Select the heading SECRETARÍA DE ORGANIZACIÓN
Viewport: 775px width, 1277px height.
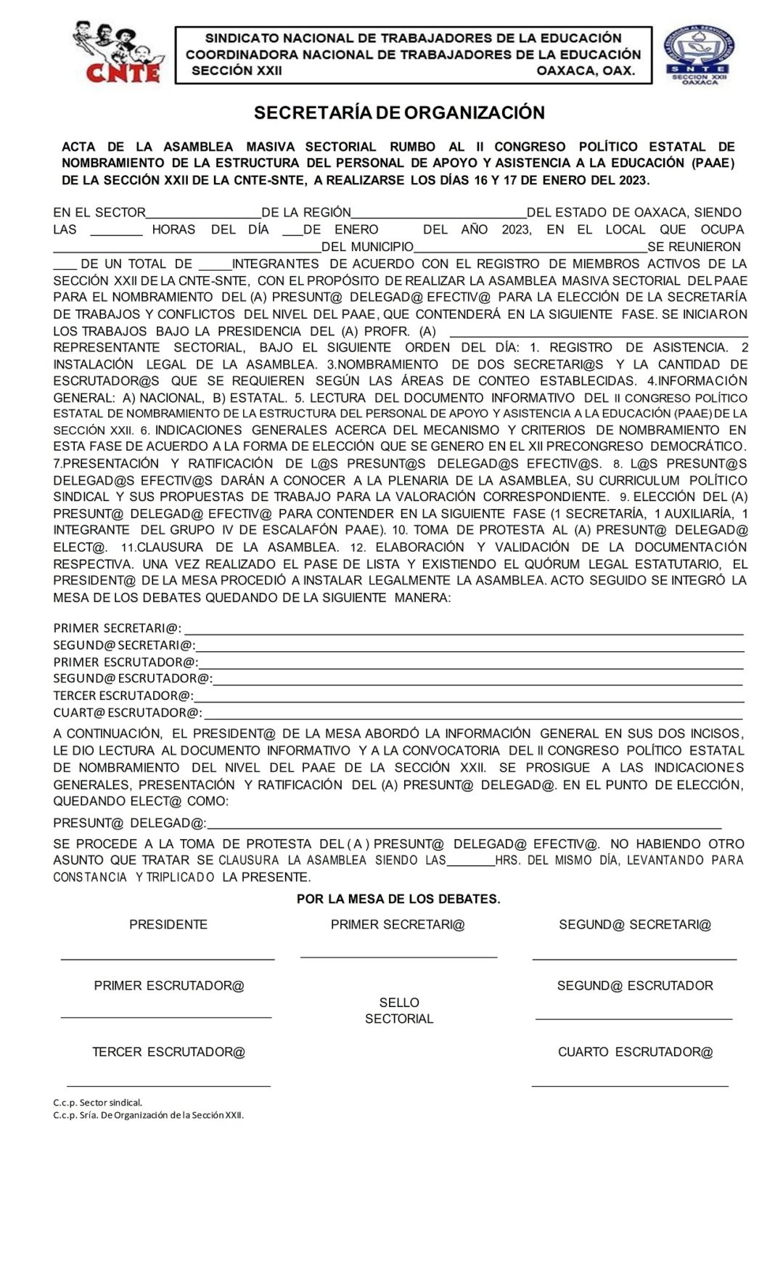click(x=399, y=113)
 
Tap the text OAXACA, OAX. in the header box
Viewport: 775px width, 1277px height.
click(x=586, y=71)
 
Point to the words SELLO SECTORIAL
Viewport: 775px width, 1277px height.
click(x=399, y=1011)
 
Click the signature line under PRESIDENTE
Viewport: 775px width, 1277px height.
click(x=168, y=958)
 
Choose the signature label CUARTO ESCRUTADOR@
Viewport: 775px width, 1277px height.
click(x=635, y=1052)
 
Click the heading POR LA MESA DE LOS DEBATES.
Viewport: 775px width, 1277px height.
click(x=398, y=899)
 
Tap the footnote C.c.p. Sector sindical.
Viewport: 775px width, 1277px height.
click(x=97, y=1103)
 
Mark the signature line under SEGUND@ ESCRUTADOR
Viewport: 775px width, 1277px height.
click(x=633, y=1019)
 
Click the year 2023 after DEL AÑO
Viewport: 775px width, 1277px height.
click(x=516, y=229)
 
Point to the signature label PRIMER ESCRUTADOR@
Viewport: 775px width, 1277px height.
click(x=169, y=986)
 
